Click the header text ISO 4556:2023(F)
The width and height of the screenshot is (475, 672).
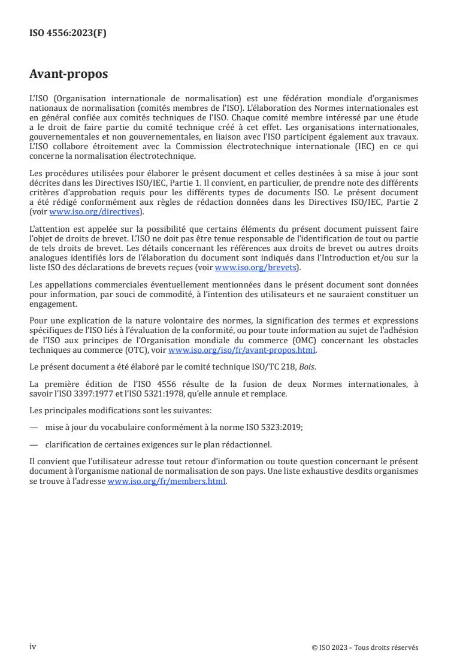68,33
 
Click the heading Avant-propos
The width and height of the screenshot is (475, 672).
69,75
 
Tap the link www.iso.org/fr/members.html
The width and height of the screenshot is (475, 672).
167,482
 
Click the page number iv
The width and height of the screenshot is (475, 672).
33,646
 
